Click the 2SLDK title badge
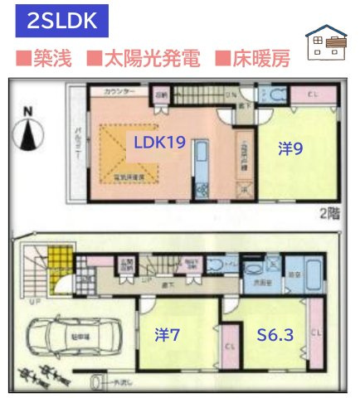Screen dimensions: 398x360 [x=62, y=22]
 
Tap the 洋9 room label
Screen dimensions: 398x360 [x=289, y=148]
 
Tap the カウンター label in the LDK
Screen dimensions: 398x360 [x=119, y=90]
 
